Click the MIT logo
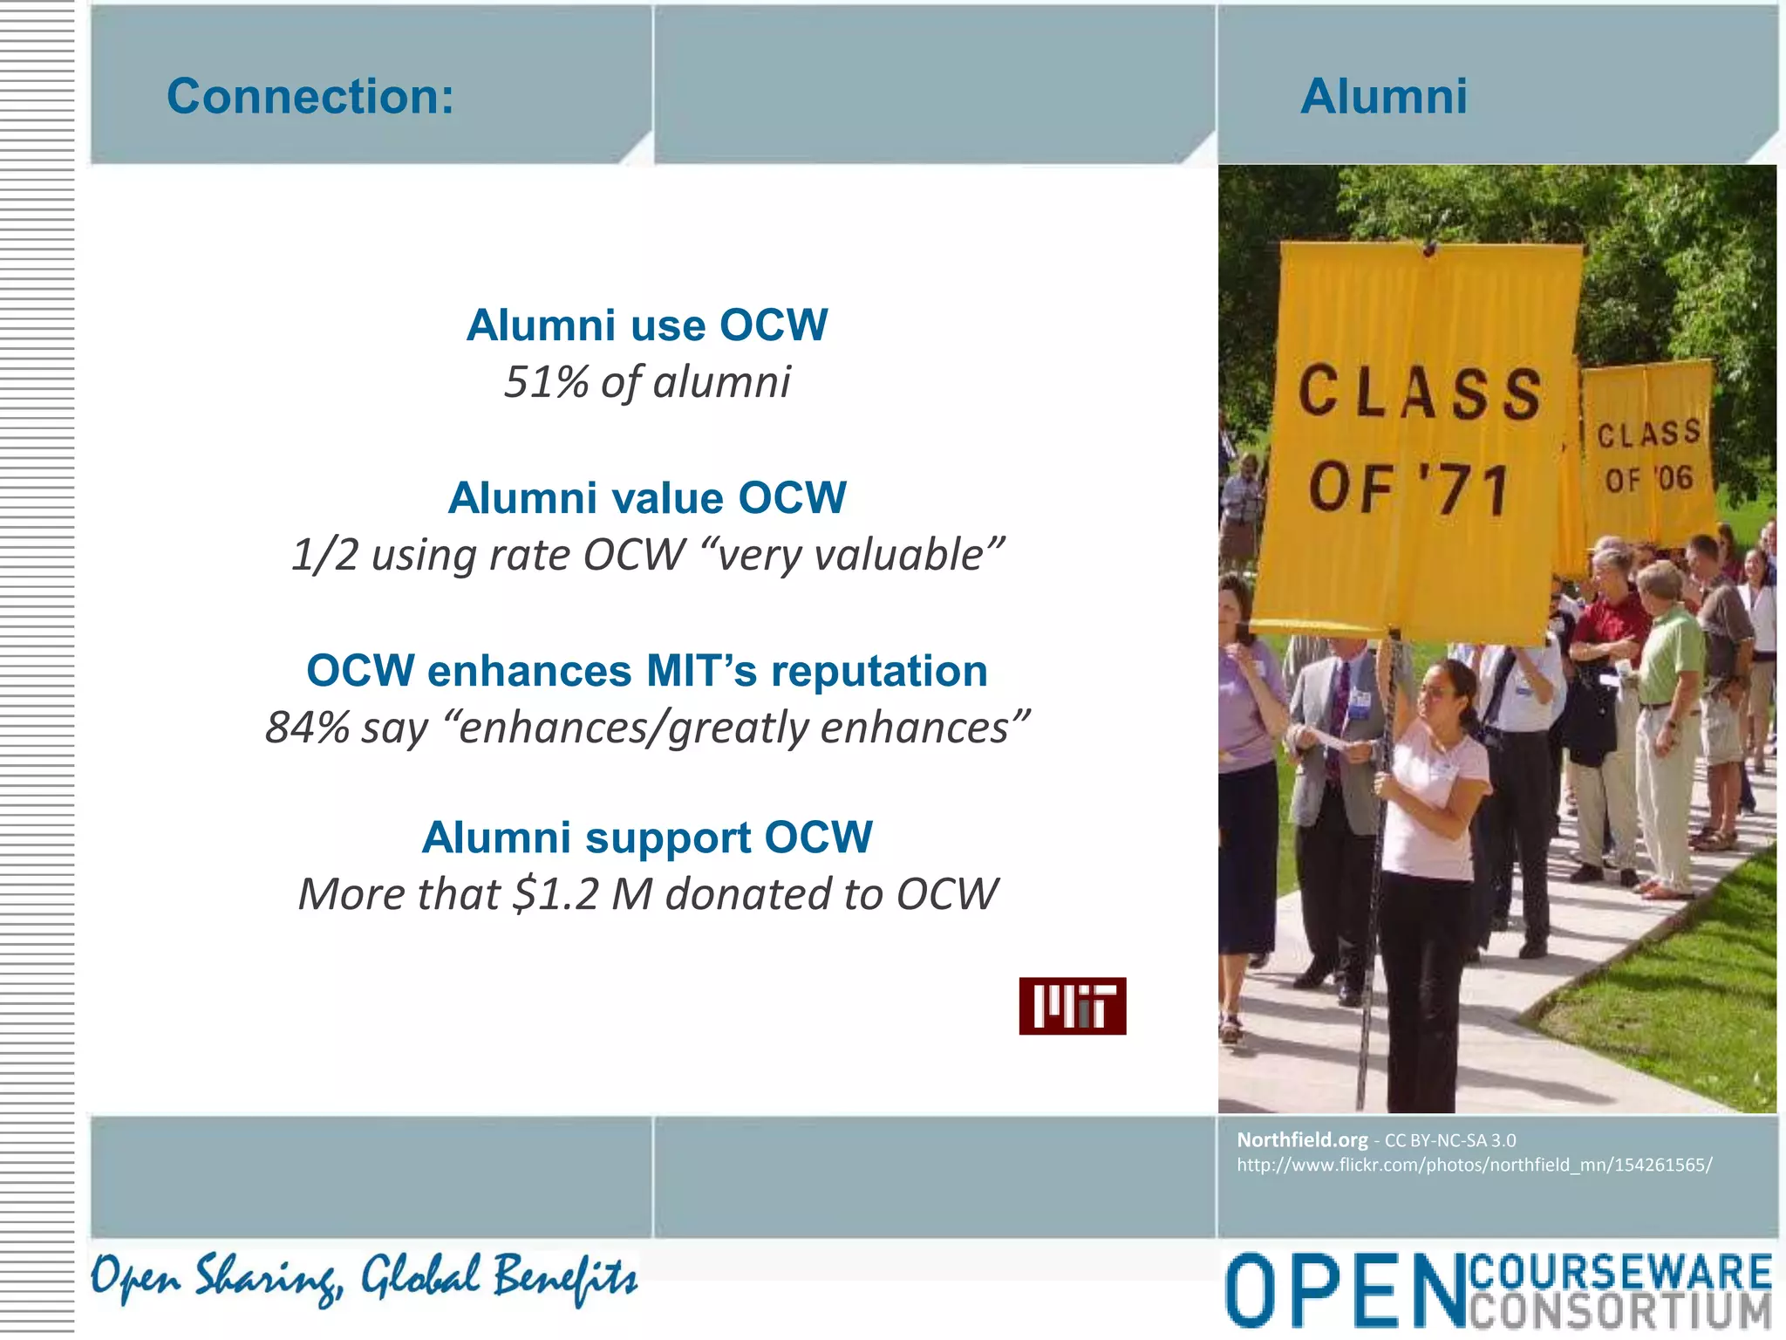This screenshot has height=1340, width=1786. tap(1072, 1006)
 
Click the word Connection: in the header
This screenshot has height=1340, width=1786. tap(310, 96)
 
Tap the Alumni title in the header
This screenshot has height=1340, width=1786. tap(1383, 96)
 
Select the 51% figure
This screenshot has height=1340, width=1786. tap(546, 382)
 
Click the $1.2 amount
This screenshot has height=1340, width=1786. tap(556, 894)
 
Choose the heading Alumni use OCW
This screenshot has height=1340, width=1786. tap(646, 325)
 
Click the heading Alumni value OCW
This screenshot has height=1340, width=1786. tap(646, 498)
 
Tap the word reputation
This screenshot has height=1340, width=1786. tap(878, 671)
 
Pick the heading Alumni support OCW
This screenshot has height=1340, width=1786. tap(646, 837)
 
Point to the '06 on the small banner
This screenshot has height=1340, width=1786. tap(1674, 478)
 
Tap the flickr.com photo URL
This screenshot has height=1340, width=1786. tap(1474, 1165)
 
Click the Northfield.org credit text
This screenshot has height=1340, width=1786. tap(1302, 1139)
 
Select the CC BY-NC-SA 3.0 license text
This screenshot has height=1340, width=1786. tap(1450, 1140)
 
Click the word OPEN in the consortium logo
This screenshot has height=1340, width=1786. tap(1344, 1290)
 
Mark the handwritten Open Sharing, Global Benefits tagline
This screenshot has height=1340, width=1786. tap(364, 1278)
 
